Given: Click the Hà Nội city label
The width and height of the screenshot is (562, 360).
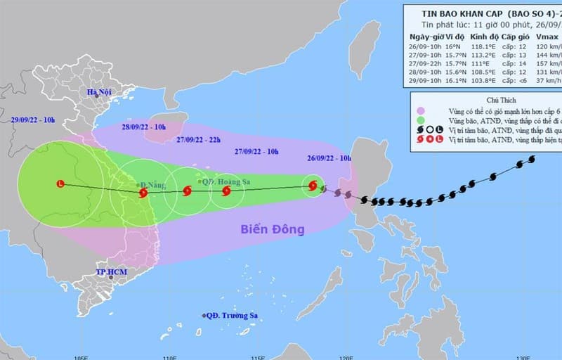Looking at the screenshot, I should (100, 93).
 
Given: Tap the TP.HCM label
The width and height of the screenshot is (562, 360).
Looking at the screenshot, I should (110, 271).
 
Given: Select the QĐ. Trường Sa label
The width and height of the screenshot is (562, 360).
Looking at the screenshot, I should (230, 316).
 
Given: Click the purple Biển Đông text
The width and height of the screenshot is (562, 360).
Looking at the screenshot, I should (273, 229).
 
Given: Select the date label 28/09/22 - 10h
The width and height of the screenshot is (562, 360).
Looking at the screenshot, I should (143, 127).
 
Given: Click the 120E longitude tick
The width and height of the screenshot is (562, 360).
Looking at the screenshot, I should (344, 356).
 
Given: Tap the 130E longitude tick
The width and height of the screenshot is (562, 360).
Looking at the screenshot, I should (519, 356).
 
